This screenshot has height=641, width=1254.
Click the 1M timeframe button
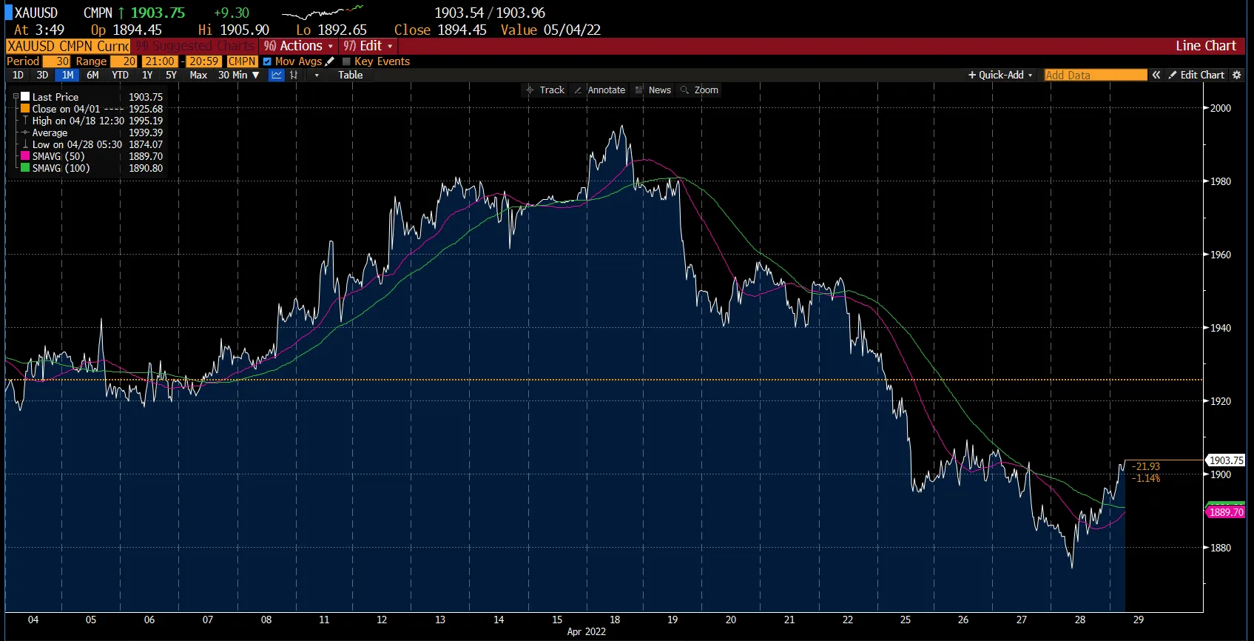click(67, 75)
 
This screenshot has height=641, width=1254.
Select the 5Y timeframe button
click(171, 75)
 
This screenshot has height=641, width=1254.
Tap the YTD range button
click(120, 75)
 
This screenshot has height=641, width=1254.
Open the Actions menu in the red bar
click(299, 46)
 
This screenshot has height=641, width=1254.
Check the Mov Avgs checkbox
click(267, 61)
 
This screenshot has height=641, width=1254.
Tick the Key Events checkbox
click(346, 61)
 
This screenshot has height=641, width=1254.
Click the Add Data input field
click(1095, 75)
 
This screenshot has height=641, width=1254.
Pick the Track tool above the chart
click(545, 90)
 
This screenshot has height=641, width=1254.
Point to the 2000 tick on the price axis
click(1221, 108)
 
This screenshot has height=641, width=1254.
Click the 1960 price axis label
click(1221, 255)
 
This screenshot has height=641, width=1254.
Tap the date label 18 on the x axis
click(615, 620)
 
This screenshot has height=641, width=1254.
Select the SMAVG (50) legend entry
click(58, 156)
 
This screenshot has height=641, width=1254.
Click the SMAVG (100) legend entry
click(61, 168)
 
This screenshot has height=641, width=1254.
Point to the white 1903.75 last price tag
click(1226, 460)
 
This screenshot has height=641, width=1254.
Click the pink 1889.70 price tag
click(1226, 512)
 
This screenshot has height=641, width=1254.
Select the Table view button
click(351, 75)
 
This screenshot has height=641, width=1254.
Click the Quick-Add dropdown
click(1000, 75)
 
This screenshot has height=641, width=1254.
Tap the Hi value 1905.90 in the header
click(244, 30)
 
